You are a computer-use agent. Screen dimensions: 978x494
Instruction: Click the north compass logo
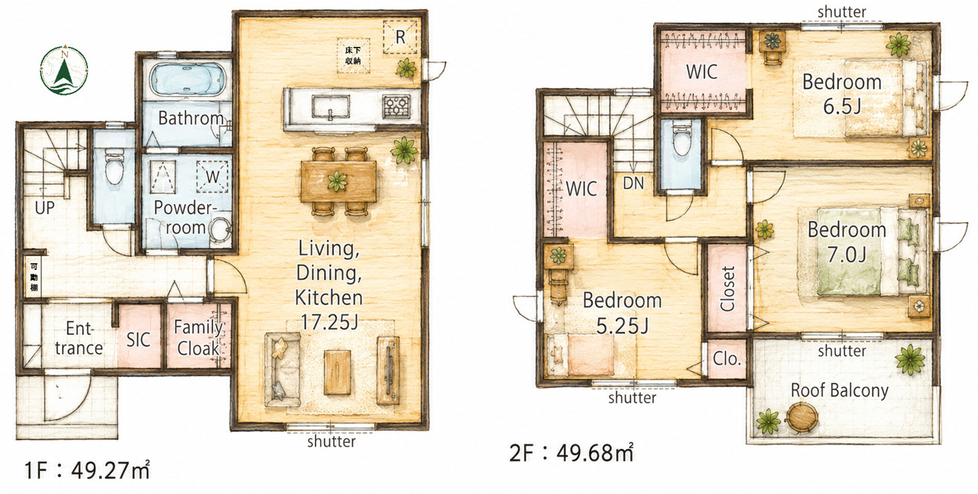tap(64, 70)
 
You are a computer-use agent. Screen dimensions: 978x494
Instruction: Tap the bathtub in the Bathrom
tap(188, 80)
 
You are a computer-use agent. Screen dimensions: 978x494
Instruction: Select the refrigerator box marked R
tap(400, 37)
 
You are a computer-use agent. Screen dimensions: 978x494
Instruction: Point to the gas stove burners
tap(397, 106)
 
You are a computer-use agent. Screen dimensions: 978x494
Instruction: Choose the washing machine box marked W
tap(212, 177)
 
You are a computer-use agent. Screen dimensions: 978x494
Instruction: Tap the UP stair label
tap(44, 208)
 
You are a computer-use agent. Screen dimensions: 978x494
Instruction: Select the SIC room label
tap(138, 340)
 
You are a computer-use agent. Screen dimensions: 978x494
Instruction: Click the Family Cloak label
tap(199, 337)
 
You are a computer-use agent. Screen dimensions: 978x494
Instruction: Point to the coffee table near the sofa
tap(338, 372)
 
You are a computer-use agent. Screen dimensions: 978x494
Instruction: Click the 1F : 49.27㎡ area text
tap(87, 470)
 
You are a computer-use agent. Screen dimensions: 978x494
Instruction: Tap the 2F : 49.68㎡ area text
tap(571, 453)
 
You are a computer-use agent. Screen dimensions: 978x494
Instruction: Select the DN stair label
tap(633, 184)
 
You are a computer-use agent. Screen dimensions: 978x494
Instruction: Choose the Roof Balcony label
tap(840, 390)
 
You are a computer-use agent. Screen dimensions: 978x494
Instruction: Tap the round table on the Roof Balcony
tap(802, 417)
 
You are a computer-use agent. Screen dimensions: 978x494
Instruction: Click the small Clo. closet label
tap(727, 359)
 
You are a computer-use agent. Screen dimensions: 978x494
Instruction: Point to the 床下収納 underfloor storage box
tap(353, 56)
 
